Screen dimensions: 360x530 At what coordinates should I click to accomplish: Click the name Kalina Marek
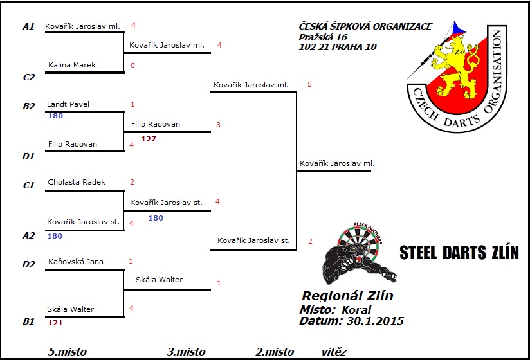tap(71, 65)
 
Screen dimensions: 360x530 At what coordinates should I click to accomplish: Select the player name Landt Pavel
tap(68, 104)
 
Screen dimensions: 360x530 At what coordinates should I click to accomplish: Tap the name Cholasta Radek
tap(77, 182)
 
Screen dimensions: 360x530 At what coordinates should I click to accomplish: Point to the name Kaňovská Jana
tap(75, 262)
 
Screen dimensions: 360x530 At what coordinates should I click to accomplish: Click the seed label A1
tap(28, 26)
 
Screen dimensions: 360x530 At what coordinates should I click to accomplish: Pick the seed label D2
tap(28, 264)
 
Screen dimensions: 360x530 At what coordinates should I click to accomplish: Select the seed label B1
tap(28, 321)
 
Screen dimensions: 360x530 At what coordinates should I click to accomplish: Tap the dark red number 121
tap(55, 323)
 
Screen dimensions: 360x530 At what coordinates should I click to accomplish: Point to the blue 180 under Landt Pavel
tap(55, 116)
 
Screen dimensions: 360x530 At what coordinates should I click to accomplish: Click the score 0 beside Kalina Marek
tap(132, 66)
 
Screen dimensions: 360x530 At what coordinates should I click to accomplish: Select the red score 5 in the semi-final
tap(309, 84)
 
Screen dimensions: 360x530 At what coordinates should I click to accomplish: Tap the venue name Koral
tap(356, 309)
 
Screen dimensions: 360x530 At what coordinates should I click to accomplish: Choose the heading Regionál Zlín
tap(347, 296)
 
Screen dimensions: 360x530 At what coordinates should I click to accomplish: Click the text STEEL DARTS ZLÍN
tap(459, 252)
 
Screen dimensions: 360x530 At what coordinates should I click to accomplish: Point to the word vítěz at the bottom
tap(334, 352)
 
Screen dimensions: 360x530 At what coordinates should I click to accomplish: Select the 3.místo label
tap(186, 352)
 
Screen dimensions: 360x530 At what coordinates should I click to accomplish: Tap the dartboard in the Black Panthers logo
tap(364, 244)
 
